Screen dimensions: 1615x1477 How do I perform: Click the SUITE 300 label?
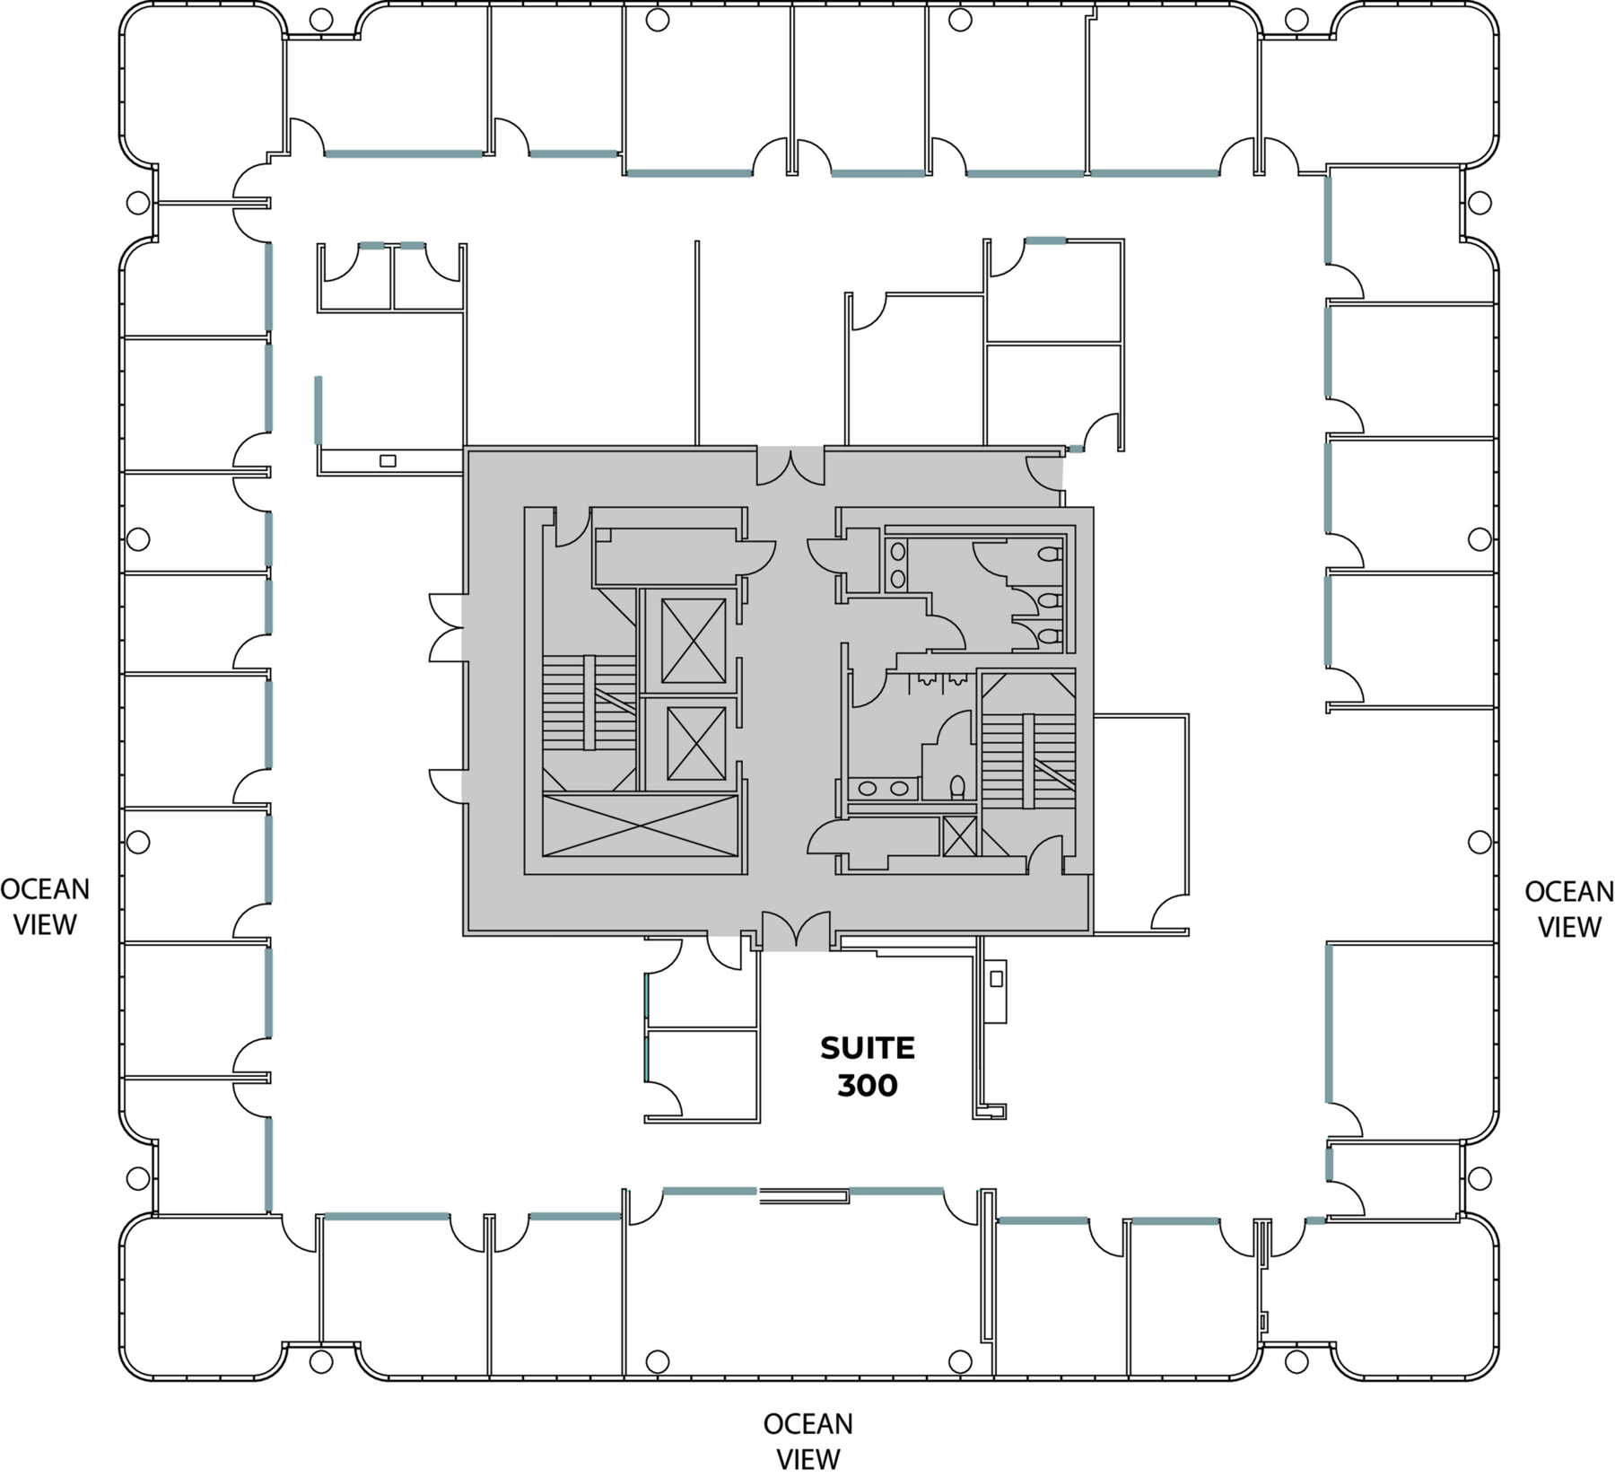tap(867, 1067)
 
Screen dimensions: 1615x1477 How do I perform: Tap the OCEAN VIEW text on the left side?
tap(45, 906)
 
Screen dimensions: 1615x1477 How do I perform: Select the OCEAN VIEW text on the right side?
tap(1569, 909)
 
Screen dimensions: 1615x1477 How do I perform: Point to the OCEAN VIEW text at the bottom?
tap(807, 1442)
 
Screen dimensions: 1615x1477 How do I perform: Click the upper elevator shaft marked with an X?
tap(694, 641)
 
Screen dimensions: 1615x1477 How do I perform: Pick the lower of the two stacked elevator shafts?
tap(696, 743)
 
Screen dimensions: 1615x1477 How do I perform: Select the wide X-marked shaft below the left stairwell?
tap(641, 826)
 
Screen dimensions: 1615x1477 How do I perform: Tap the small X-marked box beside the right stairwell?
tap(959, 836)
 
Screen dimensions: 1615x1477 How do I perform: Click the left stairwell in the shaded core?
tap(589, 703)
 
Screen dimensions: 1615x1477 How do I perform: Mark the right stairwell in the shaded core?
tap(1028, 761)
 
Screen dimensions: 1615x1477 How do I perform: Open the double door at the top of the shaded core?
tap(790, 467)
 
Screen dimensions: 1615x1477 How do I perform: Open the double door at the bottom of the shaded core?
tap(796, 931)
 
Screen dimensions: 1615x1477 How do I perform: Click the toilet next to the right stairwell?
tap(957, 787)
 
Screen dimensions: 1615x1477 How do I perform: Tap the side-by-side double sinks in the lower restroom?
tap(884, 789)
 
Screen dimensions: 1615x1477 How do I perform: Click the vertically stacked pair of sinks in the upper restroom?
tap(897, 565)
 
